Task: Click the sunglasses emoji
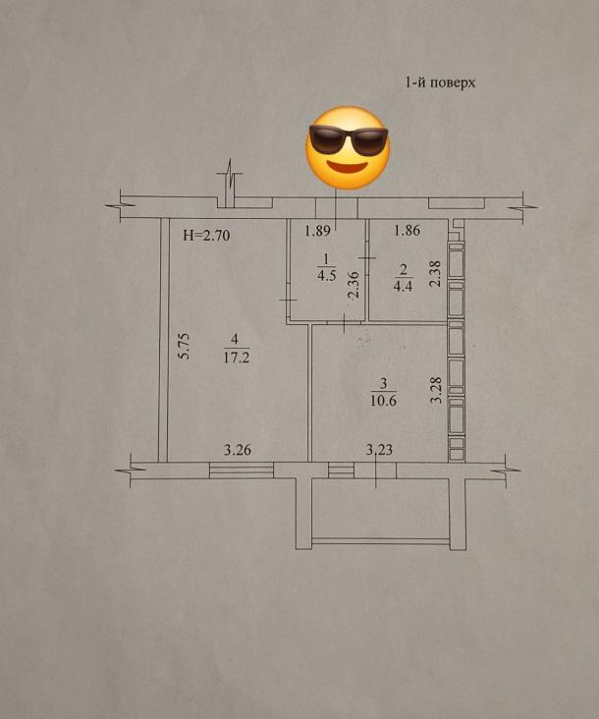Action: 348,148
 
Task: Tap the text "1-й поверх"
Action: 440,83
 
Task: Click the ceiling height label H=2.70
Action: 206,236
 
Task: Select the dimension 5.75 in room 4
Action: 184,346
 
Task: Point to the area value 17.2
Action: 236,358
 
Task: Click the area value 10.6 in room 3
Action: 384,401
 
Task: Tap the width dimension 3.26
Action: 238,450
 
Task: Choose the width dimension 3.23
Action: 379,450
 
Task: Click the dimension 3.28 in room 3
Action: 437,390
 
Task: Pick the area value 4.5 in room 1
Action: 326,276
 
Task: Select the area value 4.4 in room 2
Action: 403,287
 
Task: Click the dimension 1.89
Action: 317,230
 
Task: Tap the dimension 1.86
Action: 407,230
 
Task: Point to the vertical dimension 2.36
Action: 354,285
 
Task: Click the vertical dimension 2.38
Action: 435,274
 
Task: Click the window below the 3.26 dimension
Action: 241,470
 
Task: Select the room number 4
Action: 235,339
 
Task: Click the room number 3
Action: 384,383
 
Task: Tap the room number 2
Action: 404,269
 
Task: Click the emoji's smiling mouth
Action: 347,167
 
